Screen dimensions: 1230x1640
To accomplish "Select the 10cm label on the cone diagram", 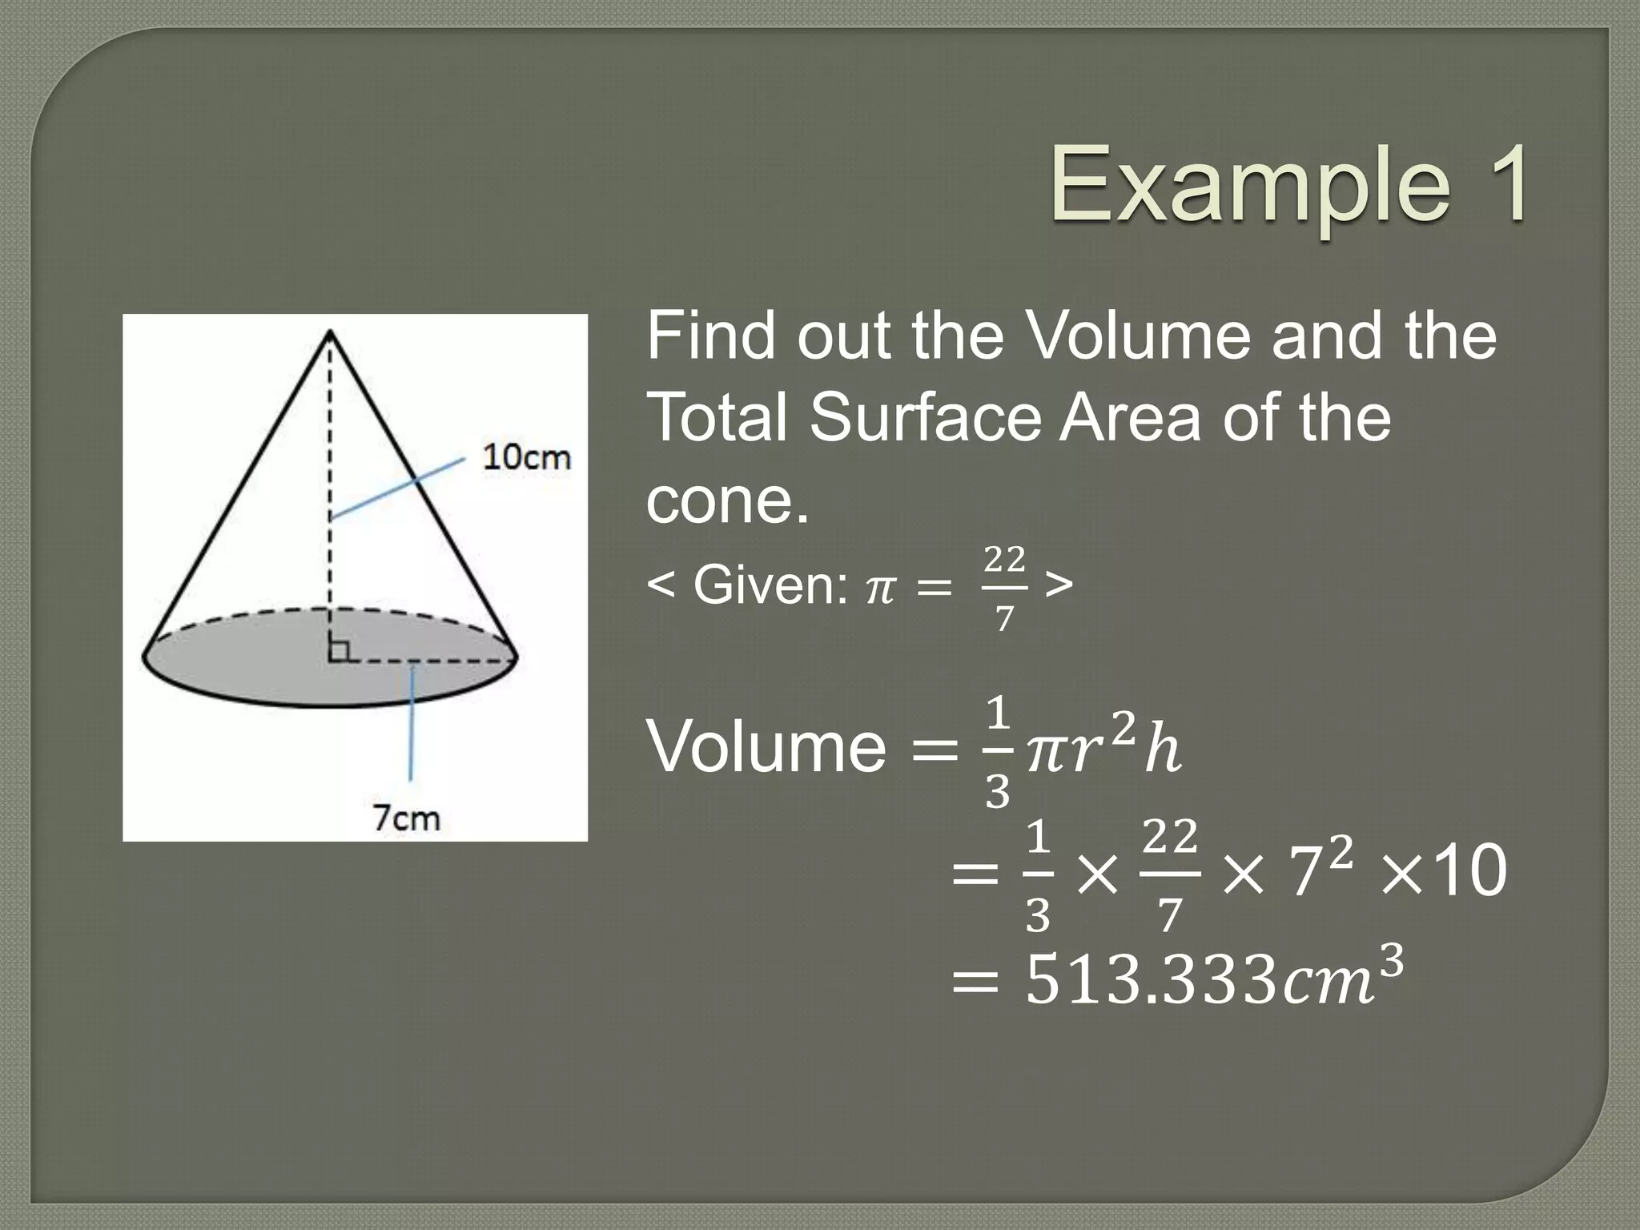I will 526,457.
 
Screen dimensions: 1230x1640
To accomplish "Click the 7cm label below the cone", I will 406,818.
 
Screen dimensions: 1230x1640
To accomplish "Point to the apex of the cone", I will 330,332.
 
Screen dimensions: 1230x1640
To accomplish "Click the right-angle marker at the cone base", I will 339,650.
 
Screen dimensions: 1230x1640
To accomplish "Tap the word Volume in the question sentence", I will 1136,336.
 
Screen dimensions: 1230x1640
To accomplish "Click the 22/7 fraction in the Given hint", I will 1004,588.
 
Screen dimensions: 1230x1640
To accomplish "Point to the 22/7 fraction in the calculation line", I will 1169,874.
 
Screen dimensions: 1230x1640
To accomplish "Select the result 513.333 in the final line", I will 1148,982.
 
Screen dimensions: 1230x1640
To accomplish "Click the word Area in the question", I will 1130,418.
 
